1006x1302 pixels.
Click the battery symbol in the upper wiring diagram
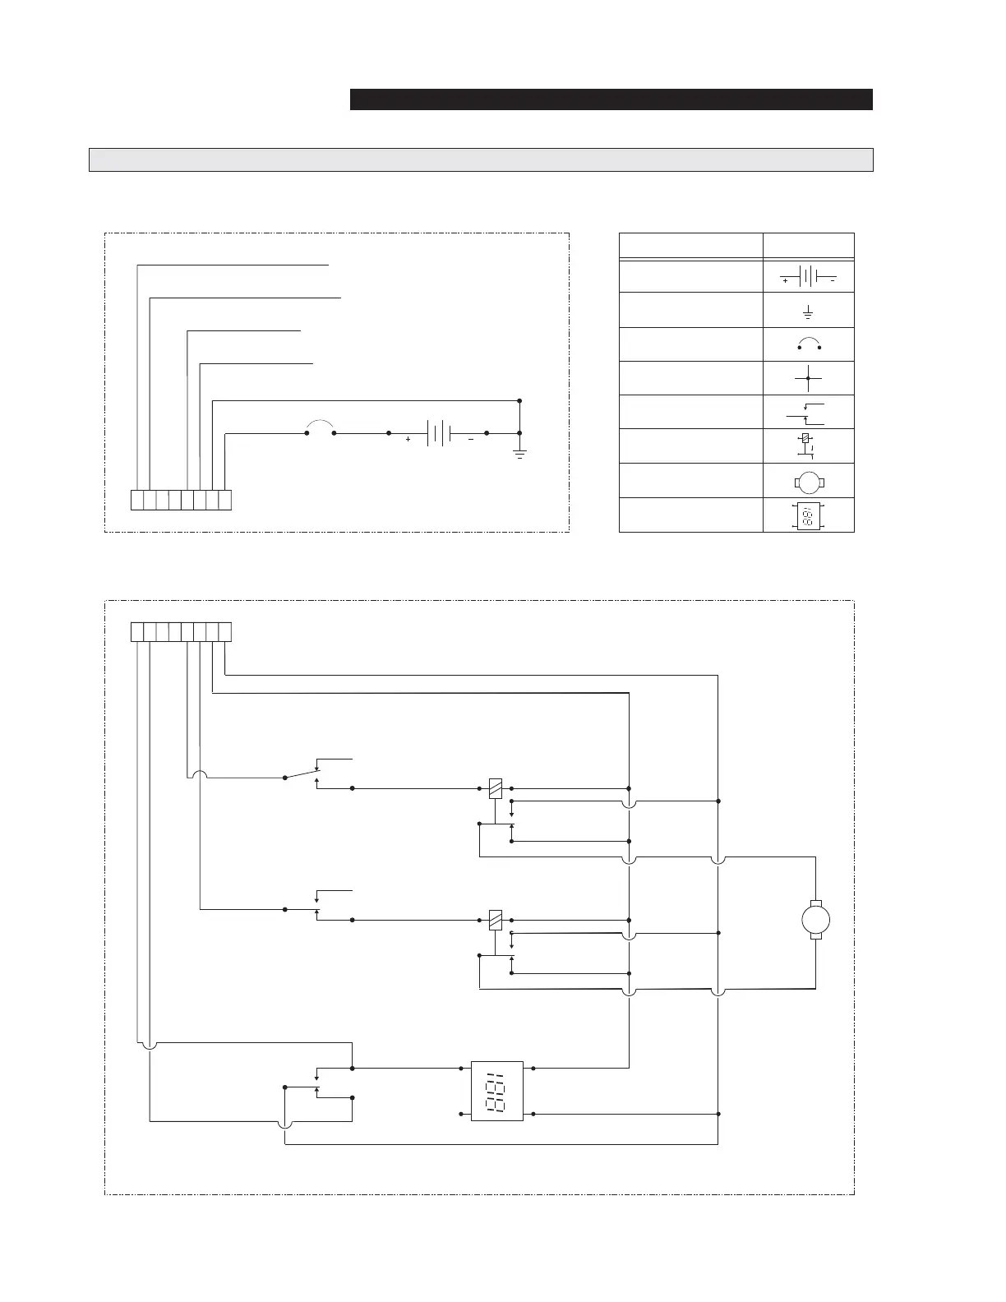pyautogui.click(x=438, y=432)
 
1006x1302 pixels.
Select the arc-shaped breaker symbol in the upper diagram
pyautogui.click(x=320, y=426)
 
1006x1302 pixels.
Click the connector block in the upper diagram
pyautogui.click(x=182, y=500)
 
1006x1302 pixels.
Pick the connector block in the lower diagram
pyautogui.click(x=182, y=632)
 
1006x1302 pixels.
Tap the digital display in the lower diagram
pyautogui.click(x=496, y=1091)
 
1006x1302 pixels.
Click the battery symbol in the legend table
pyautogui.click(x=808, y=276)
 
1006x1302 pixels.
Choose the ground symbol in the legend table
pyautogui.click(x=808, y=312)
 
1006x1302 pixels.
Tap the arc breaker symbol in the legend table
pyautogui.click(x=809, y=344)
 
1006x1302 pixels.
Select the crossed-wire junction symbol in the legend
pyautogui.click(x=808, y=378)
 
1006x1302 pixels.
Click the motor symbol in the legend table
pyautogui.click(x=808, y=481)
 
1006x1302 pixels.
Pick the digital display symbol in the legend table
pyautogui.click(x=808, y=515)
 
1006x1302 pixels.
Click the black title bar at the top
pyautogui.click(x=611, y=99)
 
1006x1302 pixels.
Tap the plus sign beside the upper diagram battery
pyautogui.click(x=408, y=440)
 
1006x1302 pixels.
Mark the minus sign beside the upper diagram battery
pyautogui.click(x=470, y=440)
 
